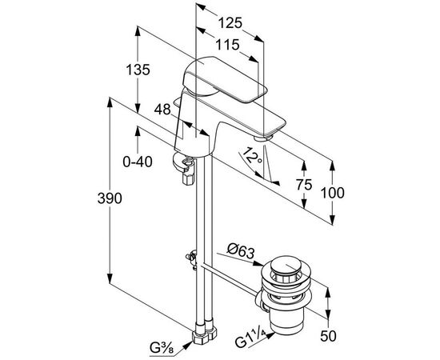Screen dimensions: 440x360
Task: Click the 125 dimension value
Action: coord(230,22)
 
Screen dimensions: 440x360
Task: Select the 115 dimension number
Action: coord(227,45)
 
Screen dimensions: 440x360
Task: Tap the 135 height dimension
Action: coord(138,70)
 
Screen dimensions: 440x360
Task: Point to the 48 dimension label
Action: coord(162,109)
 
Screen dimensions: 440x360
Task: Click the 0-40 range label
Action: coord(138,162)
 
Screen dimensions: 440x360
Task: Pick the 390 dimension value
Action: coord(110,198)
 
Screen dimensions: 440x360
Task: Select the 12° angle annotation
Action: coord(252,157)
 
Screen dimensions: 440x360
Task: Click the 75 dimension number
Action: coord(304,184)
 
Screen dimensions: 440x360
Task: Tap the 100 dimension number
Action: coord(332,193)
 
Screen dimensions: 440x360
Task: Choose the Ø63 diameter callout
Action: coord(241,251)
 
